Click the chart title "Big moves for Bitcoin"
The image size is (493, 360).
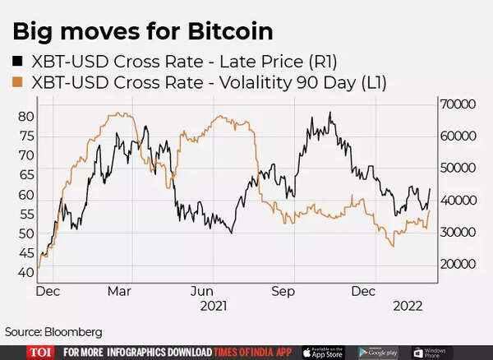pyautogui.click(x=142, y=32)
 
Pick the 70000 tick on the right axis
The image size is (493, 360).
pyautogui.click(x=458, y=105)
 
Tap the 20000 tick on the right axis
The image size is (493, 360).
pyautogui.click(x=458, y=265)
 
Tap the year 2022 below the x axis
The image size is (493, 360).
pyautogui.click(x=407, y=306)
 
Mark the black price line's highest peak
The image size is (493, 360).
pyautogui.click(x=330, y=113)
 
